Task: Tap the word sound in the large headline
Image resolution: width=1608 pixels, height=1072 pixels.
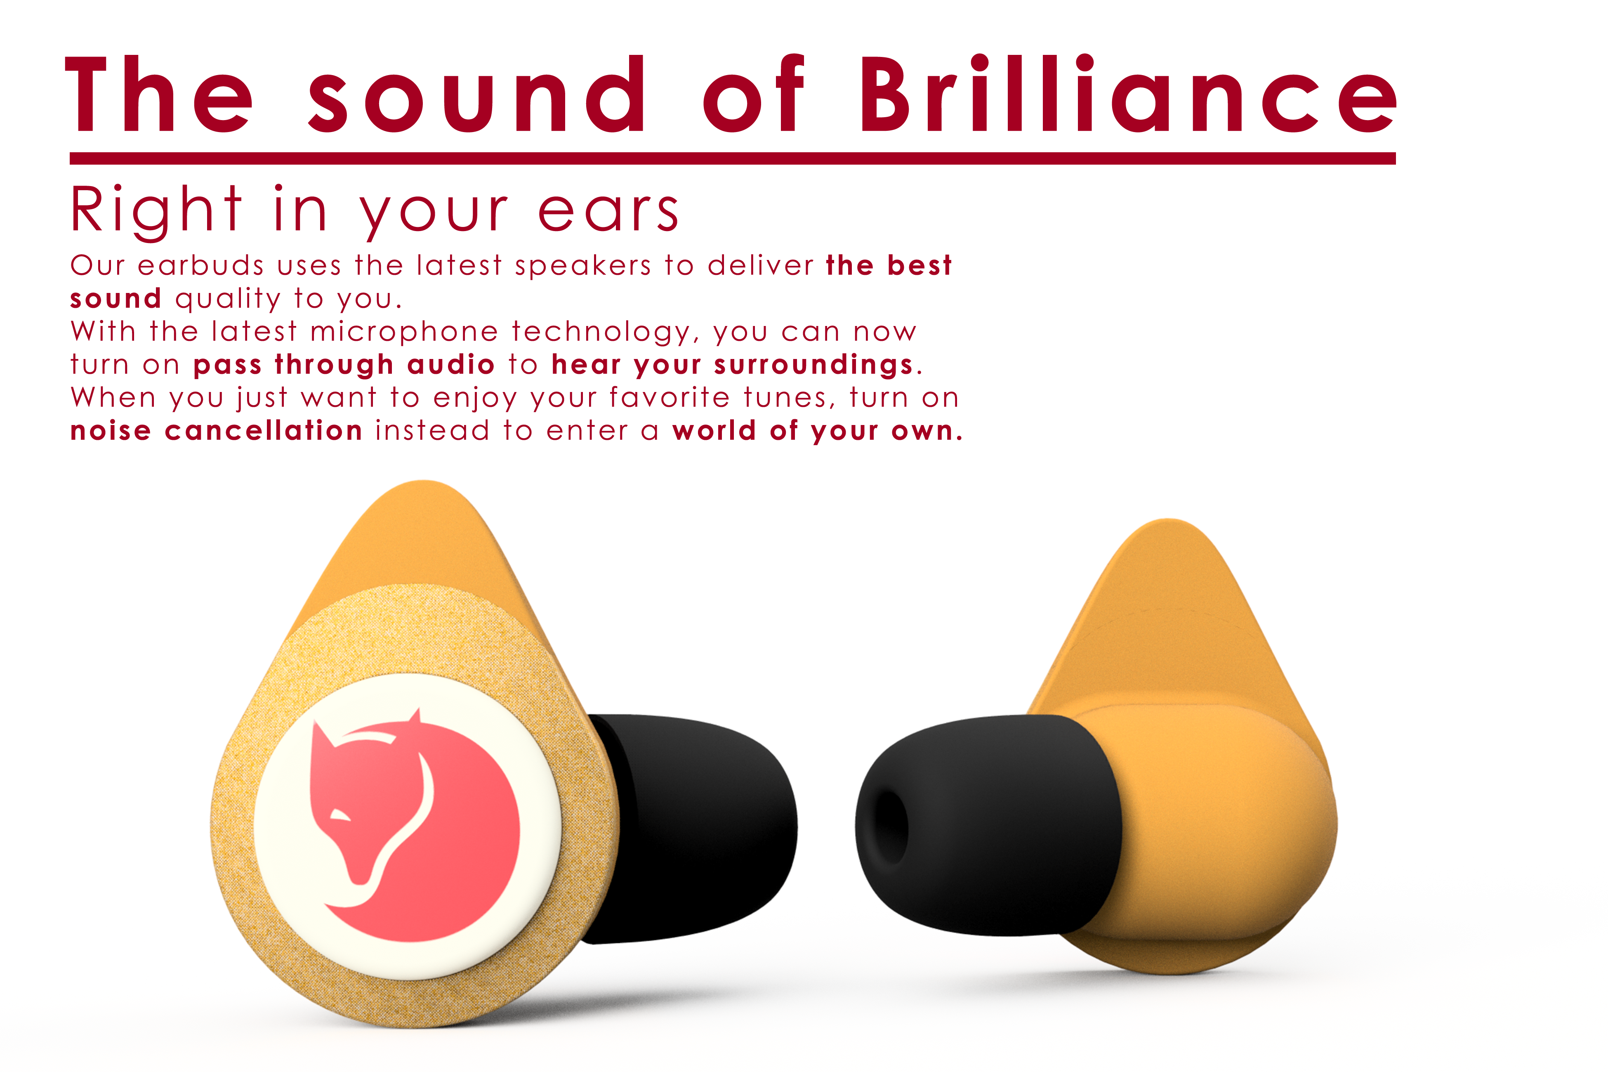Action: [476, 94]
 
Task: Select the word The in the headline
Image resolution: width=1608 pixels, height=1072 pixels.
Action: [158, 94]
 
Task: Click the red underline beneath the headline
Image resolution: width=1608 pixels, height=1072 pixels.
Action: [733, 158]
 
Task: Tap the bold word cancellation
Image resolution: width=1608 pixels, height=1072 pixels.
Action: [264, 431]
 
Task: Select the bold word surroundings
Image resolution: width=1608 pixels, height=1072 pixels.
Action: [813, 365]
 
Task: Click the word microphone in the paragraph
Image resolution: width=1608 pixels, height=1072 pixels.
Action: [404, 332]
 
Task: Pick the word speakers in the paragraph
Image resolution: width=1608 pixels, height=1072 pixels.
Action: [583, 266]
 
